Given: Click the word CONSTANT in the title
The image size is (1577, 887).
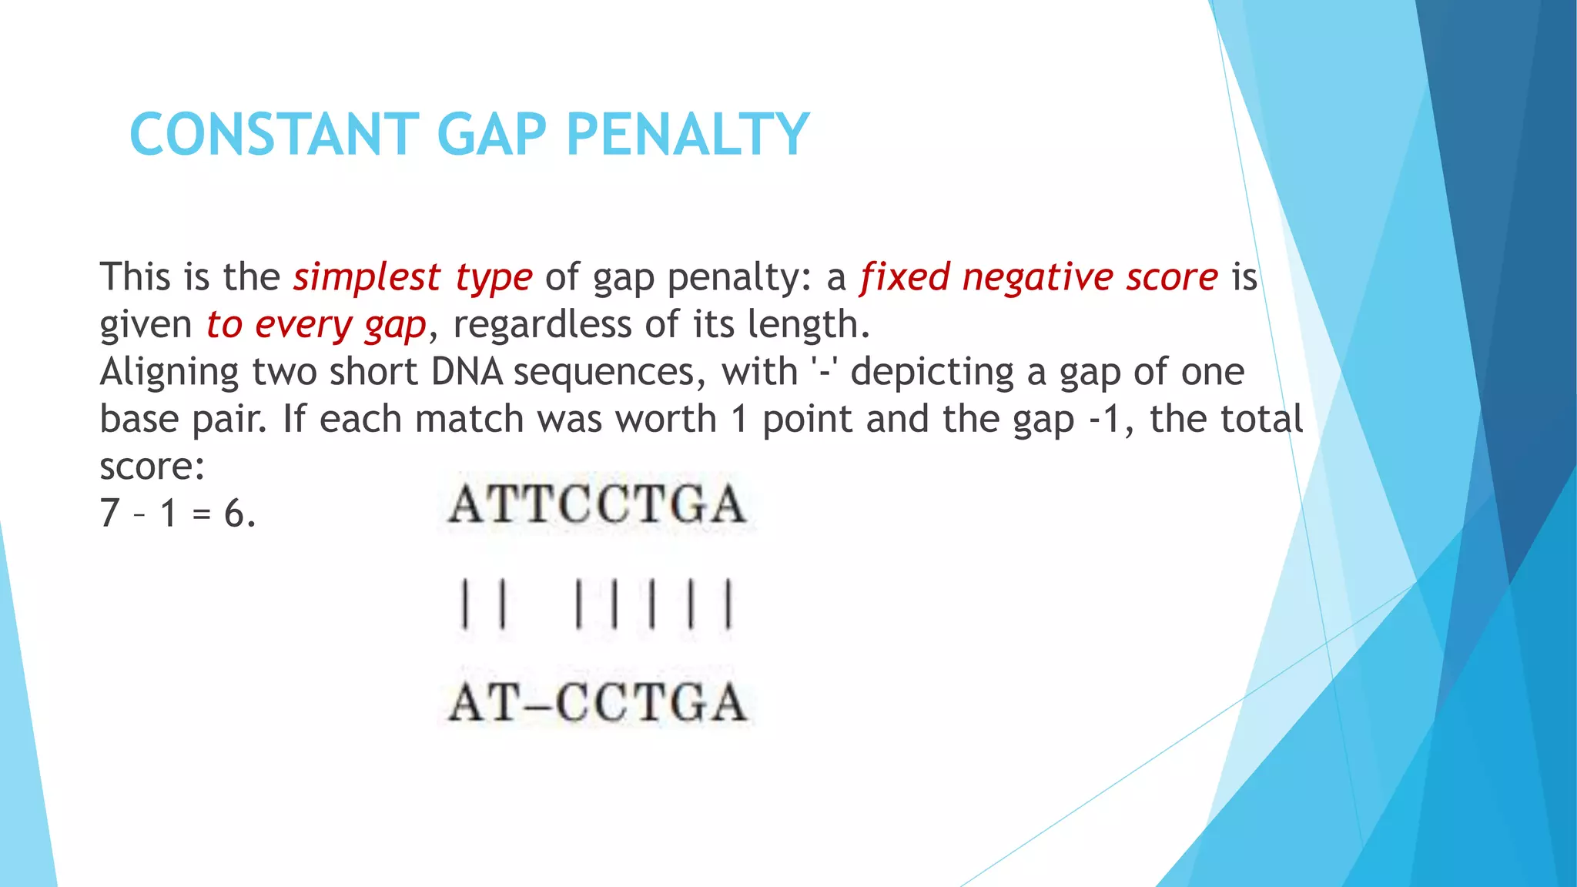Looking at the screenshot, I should pos(274,134).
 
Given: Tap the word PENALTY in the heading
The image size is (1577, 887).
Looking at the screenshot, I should pos(687,134).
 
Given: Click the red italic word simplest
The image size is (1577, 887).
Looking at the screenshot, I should pos(367,277).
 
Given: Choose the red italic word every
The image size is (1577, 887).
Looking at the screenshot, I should pos(303,325).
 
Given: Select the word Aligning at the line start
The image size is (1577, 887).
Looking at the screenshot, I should pos(169,373).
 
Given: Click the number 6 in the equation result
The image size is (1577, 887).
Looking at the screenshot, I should pos(235,514).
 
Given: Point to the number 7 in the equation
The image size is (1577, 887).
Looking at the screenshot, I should pos(109,514).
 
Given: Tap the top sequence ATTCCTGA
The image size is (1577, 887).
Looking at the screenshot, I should pos(597,505).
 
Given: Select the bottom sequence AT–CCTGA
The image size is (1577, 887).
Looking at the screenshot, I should pos(597,702).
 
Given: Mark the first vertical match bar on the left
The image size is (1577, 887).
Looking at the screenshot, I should pos(464,605).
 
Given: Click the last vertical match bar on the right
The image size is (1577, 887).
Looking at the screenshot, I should pos(728,605).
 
